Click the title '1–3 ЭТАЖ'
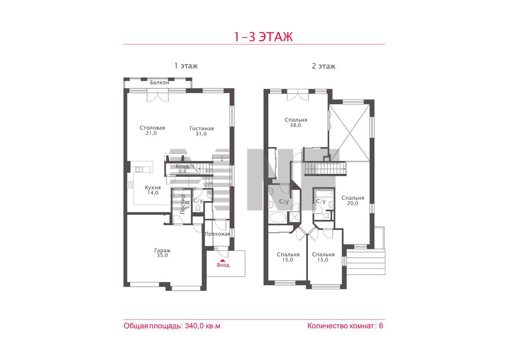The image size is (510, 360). coord(263,37)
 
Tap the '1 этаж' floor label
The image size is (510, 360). coord(186,66)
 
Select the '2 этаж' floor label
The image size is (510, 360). coord(323,66)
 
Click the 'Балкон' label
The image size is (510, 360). coord(159,82)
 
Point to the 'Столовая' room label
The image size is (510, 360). coord(152,128)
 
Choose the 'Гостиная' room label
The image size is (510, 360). coord(202,129)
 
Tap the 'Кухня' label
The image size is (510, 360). coord(153,188)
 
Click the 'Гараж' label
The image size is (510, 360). coord(162,250)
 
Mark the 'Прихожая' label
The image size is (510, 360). coord(217,234)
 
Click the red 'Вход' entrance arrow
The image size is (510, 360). coord(223,260)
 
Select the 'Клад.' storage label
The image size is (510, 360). coord(182,166)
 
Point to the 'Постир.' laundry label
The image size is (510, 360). coord(182,204)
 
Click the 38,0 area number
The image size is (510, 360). coord(295,125)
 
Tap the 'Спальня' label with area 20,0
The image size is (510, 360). coord(353,198)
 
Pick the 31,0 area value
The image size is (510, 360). coord(201,134)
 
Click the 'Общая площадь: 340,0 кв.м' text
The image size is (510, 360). coord(172,326)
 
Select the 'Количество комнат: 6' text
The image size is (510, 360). coord(345,326)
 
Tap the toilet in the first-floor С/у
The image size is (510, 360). coord(198,208)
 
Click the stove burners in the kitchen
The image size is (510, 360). coord(130,185)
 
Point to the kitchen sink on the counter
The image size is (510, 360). coord(139,169)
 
